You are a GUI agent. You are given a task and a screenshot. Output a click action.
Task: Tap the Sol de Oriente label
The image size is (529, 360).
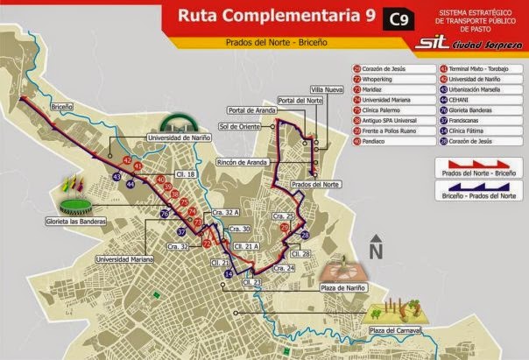pos(239,126)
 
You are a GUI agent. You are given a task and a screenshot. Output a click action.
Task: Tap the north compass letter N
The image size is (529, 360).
pos(376,251)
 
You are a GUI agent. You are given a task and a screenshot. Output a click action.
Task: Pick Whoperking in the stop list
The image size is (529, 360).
pos(347,79)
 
